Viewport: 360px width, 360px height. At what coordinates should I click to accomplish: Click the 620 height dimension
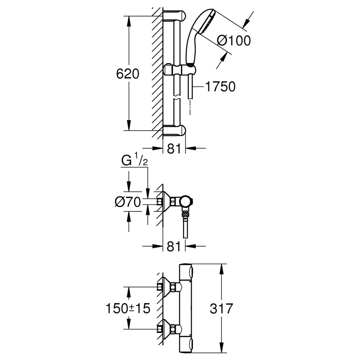[x=128, y=74]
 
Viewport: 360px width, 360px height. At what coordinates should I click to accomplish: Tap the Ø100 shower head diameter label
[x=234, y=41]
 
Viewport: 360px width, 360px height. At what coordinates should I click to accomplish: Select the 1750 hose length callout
[x=220, y=87]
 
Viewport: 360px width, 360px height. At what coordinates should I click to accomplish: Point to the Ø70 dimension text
[x=128, y=202]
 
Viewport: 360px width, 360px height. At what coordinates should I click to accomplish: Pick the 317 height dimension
[x=221, y=309]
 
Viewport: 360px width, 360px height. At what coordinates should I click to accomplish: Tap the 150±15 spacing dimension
[x=128, y=308]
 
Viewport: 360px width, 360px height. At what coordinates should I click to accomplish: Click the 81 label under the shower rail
[x=174, y=149]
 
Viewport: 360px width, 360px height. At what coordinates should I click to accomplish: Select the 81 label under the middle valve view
[x=174, y=247]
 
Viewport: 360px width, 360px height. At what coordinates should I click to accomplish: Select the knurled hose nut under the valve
[x=185, y=215]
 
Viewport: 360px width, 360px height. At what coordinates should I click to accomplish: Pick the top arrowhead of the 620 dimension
[x=129, y=21]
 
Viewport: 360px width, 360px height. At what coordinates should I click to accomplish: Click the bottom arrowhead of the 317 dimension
[x=221, y=353]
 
